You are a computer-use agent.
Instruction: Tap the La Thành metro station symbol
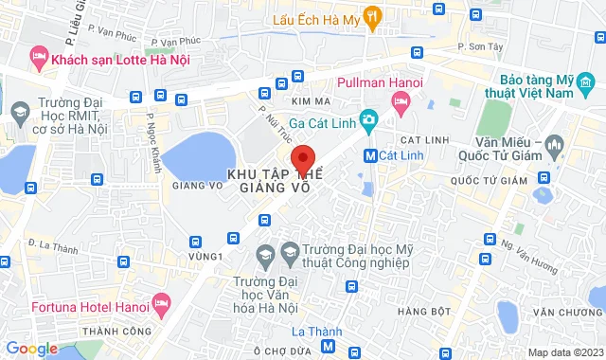tap(329, 348)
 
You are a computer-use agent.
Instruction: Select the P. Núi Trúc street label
tap(274, 122)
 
